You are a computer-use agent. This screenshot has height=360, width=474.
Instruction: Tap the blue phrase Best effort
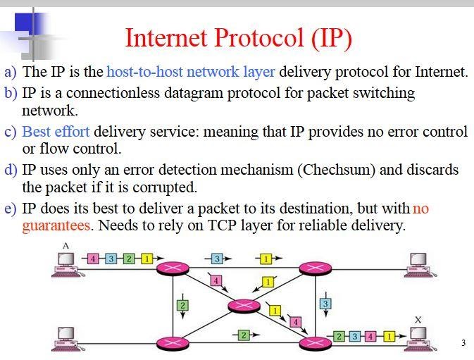56,132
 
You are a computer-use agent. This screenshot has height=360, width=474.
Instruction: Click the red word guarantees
56,225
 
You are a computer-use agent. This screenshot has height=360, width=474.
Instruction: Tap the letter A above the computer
65,244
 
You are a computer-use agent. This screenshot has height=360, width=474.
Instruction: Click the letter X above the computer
418,319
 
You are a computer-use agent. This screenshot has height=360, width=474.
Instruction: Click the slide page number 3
463,343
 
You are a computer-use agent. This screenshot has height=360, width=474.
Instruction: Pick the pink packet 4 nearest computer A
93,259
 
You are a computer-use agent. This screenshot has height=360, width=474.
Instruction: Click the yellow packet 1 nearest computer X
388,335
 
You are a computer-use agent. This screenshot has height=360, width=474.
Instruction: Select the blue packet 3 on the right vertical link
325,304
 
